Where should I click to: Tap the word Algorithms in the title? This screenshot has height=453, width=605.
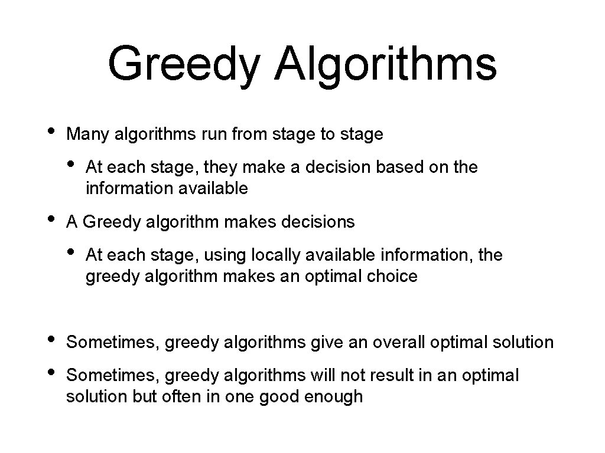385,65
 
